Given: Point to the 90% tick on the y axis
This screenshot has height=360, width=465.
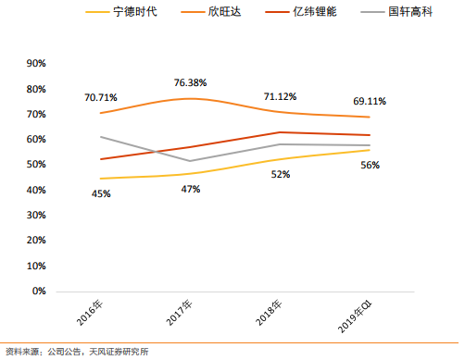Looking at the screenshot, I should click(x=37, y=64).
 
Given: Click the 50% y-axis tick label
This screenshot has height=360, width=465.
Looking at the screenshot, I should click(x=37, y=165).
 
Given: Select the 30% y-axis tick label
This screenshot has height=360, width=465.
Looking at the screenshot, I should click(x=37, y=216).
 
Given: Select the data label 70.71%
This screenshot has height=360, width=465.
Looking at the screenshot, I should click(x=101, y=96).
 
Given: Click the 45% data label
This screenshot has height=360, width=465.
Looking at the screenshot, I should click(x=101, y=193).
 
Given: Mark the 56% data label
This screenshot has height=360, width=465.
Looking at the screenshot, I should click(x=370, y=165).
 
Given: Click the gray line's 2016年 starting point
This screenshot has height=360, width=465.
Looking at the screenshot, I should click(x=100, y=136).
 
